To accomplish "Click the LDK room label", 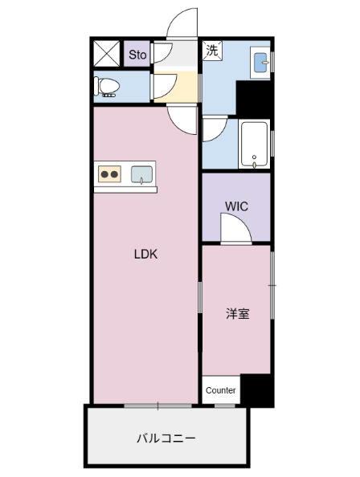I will (x=145, y=255).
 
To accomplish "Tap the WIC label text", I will (x=236, y=206).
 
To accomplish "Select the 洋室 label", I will (x=236, y=314).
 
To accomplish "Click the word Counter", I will (x=220, y=390).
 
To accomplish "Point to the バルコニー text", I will (x=166, y=438).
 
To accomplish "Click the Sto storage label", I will (x=137, y=55).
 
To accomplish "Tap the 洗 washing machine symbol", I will (x=212, y=51).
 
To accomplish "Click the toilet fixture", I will (x=106, y=85).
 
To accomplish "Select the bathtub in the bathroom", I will (x=255, y=145).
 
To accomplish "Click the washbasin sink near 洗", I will (x=261, y=61).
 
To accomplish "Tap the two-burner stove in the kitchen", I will (x=110, y=173).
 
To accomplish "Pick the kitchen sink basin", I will (x=142, y=173).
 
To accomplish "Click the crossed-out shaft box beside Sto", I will (x=107, y=54).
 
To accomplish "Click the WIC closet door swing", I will (x=236, y=231).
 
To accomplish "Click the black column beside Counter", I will (x=257, y=390).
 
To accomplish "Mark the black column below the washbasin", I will (x=254, y=98).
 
